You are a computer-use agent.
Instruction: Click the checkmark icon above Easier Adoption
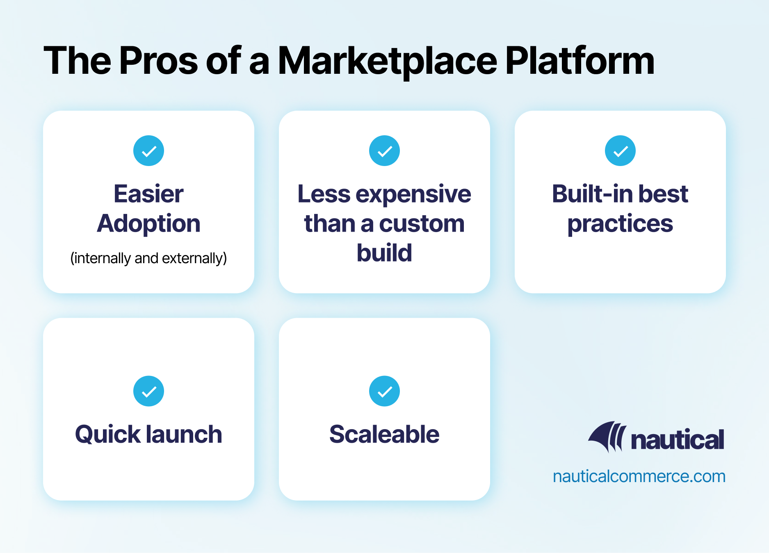(x=148, y=151)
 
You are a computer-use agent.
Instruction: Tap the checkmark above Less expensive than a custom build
(x=384, y=151)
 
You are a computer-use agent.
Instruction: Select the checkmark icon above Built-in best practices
(x=620, y=151)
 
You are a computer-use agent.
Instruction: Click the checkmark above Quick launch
(x=148, y=391)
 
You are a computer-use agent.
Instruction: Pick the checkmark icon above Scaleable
(x=384, y=391)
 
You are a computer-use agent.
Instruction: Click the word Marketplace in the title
(x=388, y=61)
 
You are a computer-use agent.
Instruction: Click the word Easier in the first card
(x=148, y=194)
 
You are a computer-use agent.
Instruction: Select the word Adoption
(x=148, y=224)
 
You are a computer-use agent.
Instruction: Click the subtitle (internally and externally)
(x=148, y=258)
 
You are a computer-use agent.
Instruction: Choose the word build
(x=384, y=253)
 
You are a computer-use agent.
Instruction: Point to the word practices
(x=620, y=224)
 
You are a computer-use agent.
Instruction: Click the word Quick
(x=107, y=435)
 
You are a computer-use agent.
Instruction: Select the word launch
(x=184, y=435)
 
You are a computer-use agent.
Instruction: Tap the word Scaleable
(x=384, y=435)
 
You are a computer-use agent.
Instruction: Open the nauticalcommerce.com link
(x=639, y=476)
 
